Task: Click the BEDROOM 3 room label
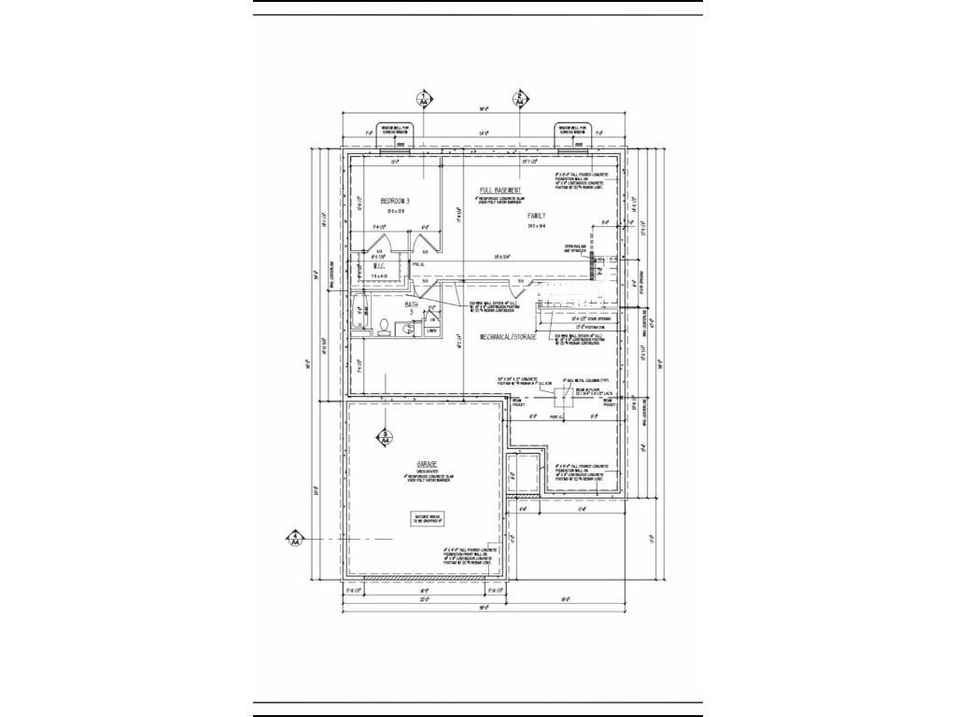click(x=395, y=202)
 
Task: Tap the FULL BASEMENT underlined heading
click(x=500, y=190)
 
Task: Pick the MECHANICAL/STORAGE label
click(x=509, y=336)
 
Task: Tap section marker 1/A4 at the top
click(x=425, y=99)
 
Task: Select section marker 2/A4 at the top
click(x=520, y=99)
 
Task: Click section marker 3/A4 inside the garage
click(x=383, y=435)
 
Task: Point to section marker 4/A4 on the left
click(x=295, y=538)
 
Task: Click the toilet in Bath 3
click(x=383, y=326)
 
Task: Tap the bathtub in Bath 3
click(x=358, y=316)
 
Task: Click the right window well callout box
click(x=572, y=130)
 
